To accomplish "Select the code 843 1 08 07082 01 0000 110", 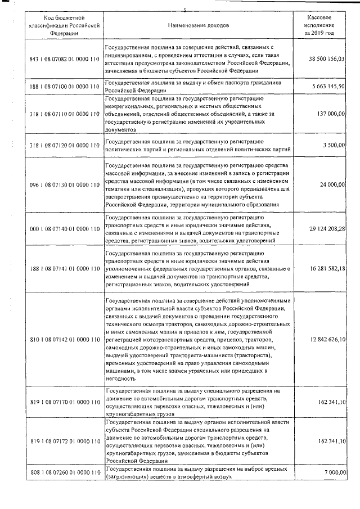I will coord(64,58).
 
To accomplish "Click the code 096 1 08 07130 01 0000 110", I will coord(64,184).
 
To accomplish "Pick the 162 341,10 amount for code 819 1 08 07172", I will coord(330,441).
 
